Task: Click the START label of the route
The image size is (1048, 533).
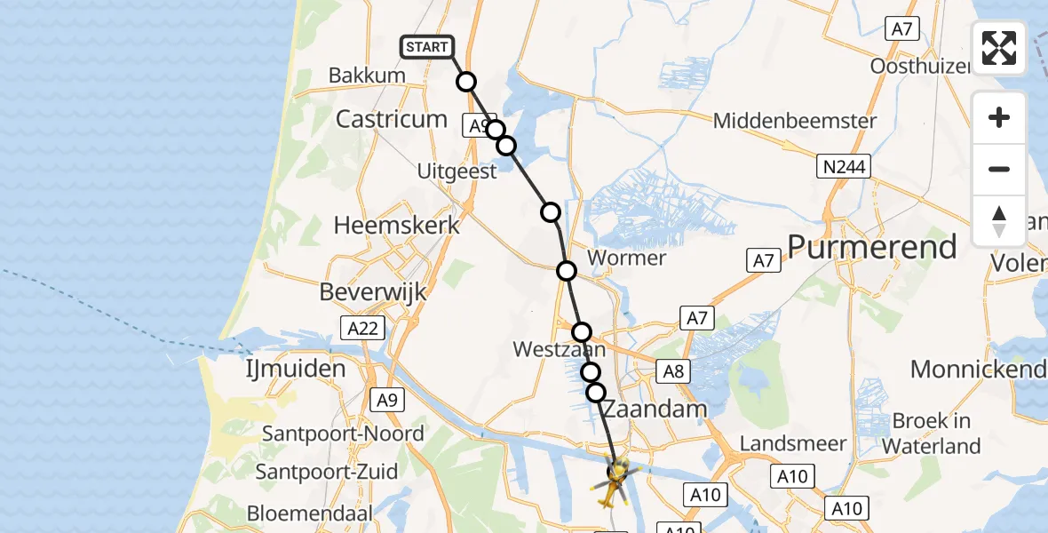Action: pyautogui.click(x=427, y=47)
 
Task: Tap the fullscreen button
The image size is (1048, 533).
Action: pyautogui.click(x=999, y=48)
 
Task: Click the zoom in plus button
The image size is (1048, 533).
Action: pyautogui.click(x=999, y=117)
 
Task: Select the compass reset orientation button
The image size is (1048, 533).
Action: pyautogui.click(x=999, y=221)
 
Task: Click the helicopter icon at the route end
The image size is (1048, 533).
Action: pyautogui.click(x=615, y=481)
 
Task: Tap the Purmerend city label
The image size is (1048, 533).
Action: pyautogui.click(x=872, y=246)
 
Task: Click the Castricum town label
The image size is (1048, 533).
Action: pyautogui.click(x=391, y=119)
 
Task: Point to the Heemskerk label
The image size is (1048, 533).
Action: pyautogui.click(x=397, y=225)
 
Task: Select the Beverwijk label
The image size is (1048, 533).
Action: pyautogui.click(x=375, y=291)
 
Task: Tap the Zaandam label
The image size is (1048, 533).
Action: pyautogui.click(x=655, y=410)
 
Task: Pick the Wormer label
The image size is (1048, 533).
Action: pyautogui.click(x=627, y=259)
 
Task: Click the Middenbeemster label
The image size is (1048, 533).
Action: pyautogui.click(x=795, y=121)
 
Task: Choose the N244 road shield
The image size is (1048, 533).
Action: pyautogui.click(x=845, y=166)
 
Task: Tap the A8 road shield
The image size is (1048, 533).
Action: pyautogui.click(x=673, y=370)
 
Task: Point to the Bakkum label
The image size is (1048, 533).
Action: pyautogui.click(x=367, y=76)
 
